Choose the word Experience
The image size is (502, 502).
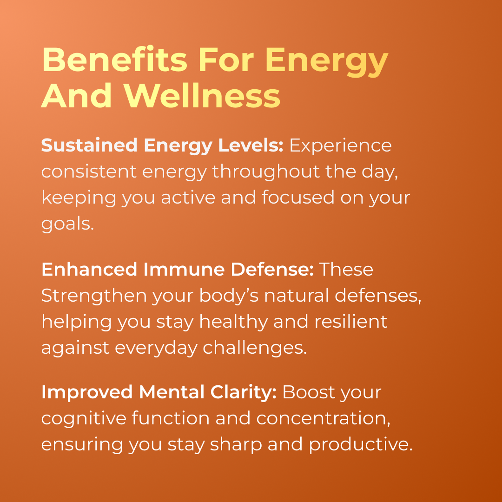341,145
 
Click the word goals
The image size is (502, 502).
67,224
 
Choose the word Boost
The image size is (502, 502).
308,392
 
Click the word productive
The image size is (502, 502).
361,445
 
